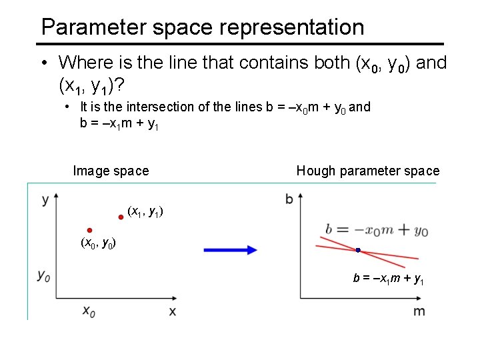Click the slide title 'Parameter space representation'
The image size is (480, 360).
(203, 27)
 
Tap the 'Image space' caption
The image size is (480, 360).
(111, 171)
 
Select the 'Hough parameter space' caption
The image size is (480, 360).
(368, 171)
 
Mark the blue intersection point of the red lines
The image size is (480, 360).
(358, 250)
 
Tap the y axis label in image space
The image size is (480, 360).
(45, 199)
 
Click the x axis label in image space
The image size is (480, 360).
(173, 311)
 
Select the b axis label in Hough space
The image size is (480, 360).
(289, 199)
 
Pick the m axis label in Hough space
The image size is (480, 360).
(419, 311)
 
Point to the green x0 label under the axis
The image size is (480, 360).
(89, 311)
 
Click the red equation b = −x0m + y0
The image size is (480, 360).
(377, 230)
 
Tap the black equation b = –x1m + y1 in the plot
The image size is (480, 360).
(389, 279)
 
